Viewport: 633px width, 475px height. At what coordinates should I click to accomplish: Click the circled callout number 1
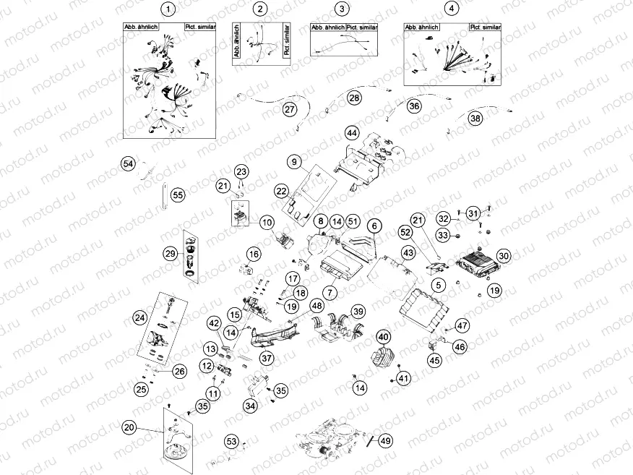[x=168, y=9]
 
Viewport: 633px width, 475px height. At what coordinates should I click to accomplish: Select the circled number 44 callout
[x=351, y=133]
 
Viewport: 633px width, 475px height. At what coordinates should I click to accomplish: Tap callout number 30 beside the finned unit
[x=504, y=255]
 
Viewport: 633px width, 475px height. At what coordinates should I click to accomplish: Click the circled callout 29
[x=170, y=254]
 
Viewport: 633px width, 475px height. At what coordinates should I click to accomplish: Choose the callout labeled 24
[x=140, y=317]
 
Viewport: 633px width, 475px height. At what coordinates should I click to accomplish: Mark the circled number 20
[x=129, y=427]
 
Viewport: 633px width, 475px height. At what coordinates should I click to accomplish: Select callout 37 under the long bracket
[x=267, y=358]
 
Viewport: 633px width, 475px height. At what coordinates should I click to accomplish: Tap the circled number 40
[x=382, y=336]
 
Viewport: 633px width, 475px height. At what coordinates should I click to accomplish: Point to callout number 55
[x=178, y=194]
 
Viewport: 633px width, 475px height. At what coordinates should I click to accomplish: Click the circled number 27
[x=289, y=110]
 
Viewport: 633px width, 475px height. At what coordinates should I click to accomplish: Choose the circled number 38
[x=475, y=119]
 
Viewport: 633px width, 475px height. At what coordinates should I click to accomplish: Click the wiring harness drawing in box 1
[x=168, y=83]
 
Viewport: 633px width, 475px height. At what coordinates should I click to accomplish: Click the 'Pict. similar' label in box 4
[x=485, y=27]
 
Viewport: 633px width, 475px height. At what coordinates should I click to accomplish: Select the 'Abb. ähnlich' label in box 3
[x=327, y=27]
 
